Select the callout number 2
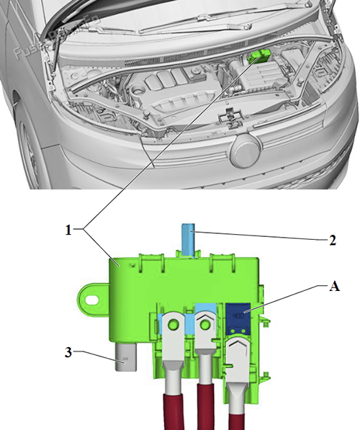click(332, 241)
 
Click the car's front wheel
click(29, 155)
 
